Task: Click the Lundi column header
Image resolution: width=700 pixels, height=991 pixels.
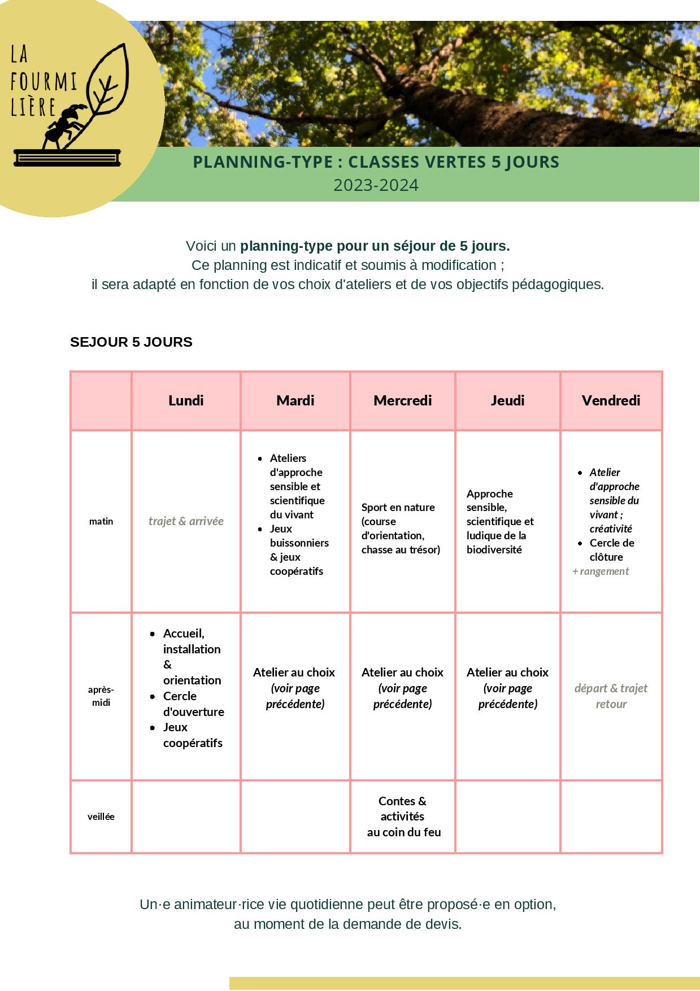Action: [186, 400]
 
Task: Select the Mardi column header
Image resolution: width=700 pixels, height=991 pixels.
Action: [295, 400]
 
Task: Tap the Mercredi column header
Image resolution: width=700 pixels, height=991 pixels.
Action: [402, 400]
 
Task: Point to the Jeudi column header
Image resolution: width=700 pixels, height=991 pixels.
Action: [507, 400]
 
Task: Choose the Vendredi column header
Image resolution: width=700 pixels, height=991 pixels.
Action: [611, 400]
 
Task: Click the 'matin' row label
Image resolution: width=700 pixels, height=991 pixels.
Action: [101, 521]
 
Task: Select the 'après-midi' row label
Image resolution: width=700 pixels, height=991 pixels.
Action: [101, 696]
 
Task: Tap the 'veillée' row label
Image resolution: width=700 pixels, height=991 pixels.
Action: [101, 817]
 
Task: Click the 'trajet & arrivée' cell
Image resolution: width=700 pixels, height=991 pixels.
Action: [186, 521]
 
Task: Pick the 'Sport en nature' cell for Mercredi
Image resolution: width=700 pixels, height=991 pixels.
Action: [401, 528]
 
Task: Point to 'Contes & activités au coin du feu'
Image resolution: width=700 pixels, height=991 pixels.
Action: [403, 817]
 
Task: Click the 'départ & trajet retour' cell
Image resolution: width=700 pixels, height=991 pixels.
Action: [611, 696]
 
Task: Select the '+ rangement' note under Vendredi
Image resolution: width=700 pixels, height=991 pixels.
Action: [601, 571]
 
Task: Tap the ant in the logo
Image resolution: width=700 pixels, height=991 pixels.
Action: [63, 127]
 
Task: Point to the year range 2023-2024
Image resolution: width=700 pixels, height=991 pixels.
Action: [376, 185]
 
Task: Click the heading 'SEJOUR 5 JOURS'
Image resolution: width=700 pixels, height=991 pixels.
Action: [131, 342]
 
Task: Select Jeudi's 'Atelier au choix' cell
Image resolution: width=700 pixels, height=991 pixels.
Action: [507, 688]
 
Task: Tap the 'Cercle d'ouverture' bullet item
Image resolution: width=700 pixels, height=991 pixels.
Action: [193, 704]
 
